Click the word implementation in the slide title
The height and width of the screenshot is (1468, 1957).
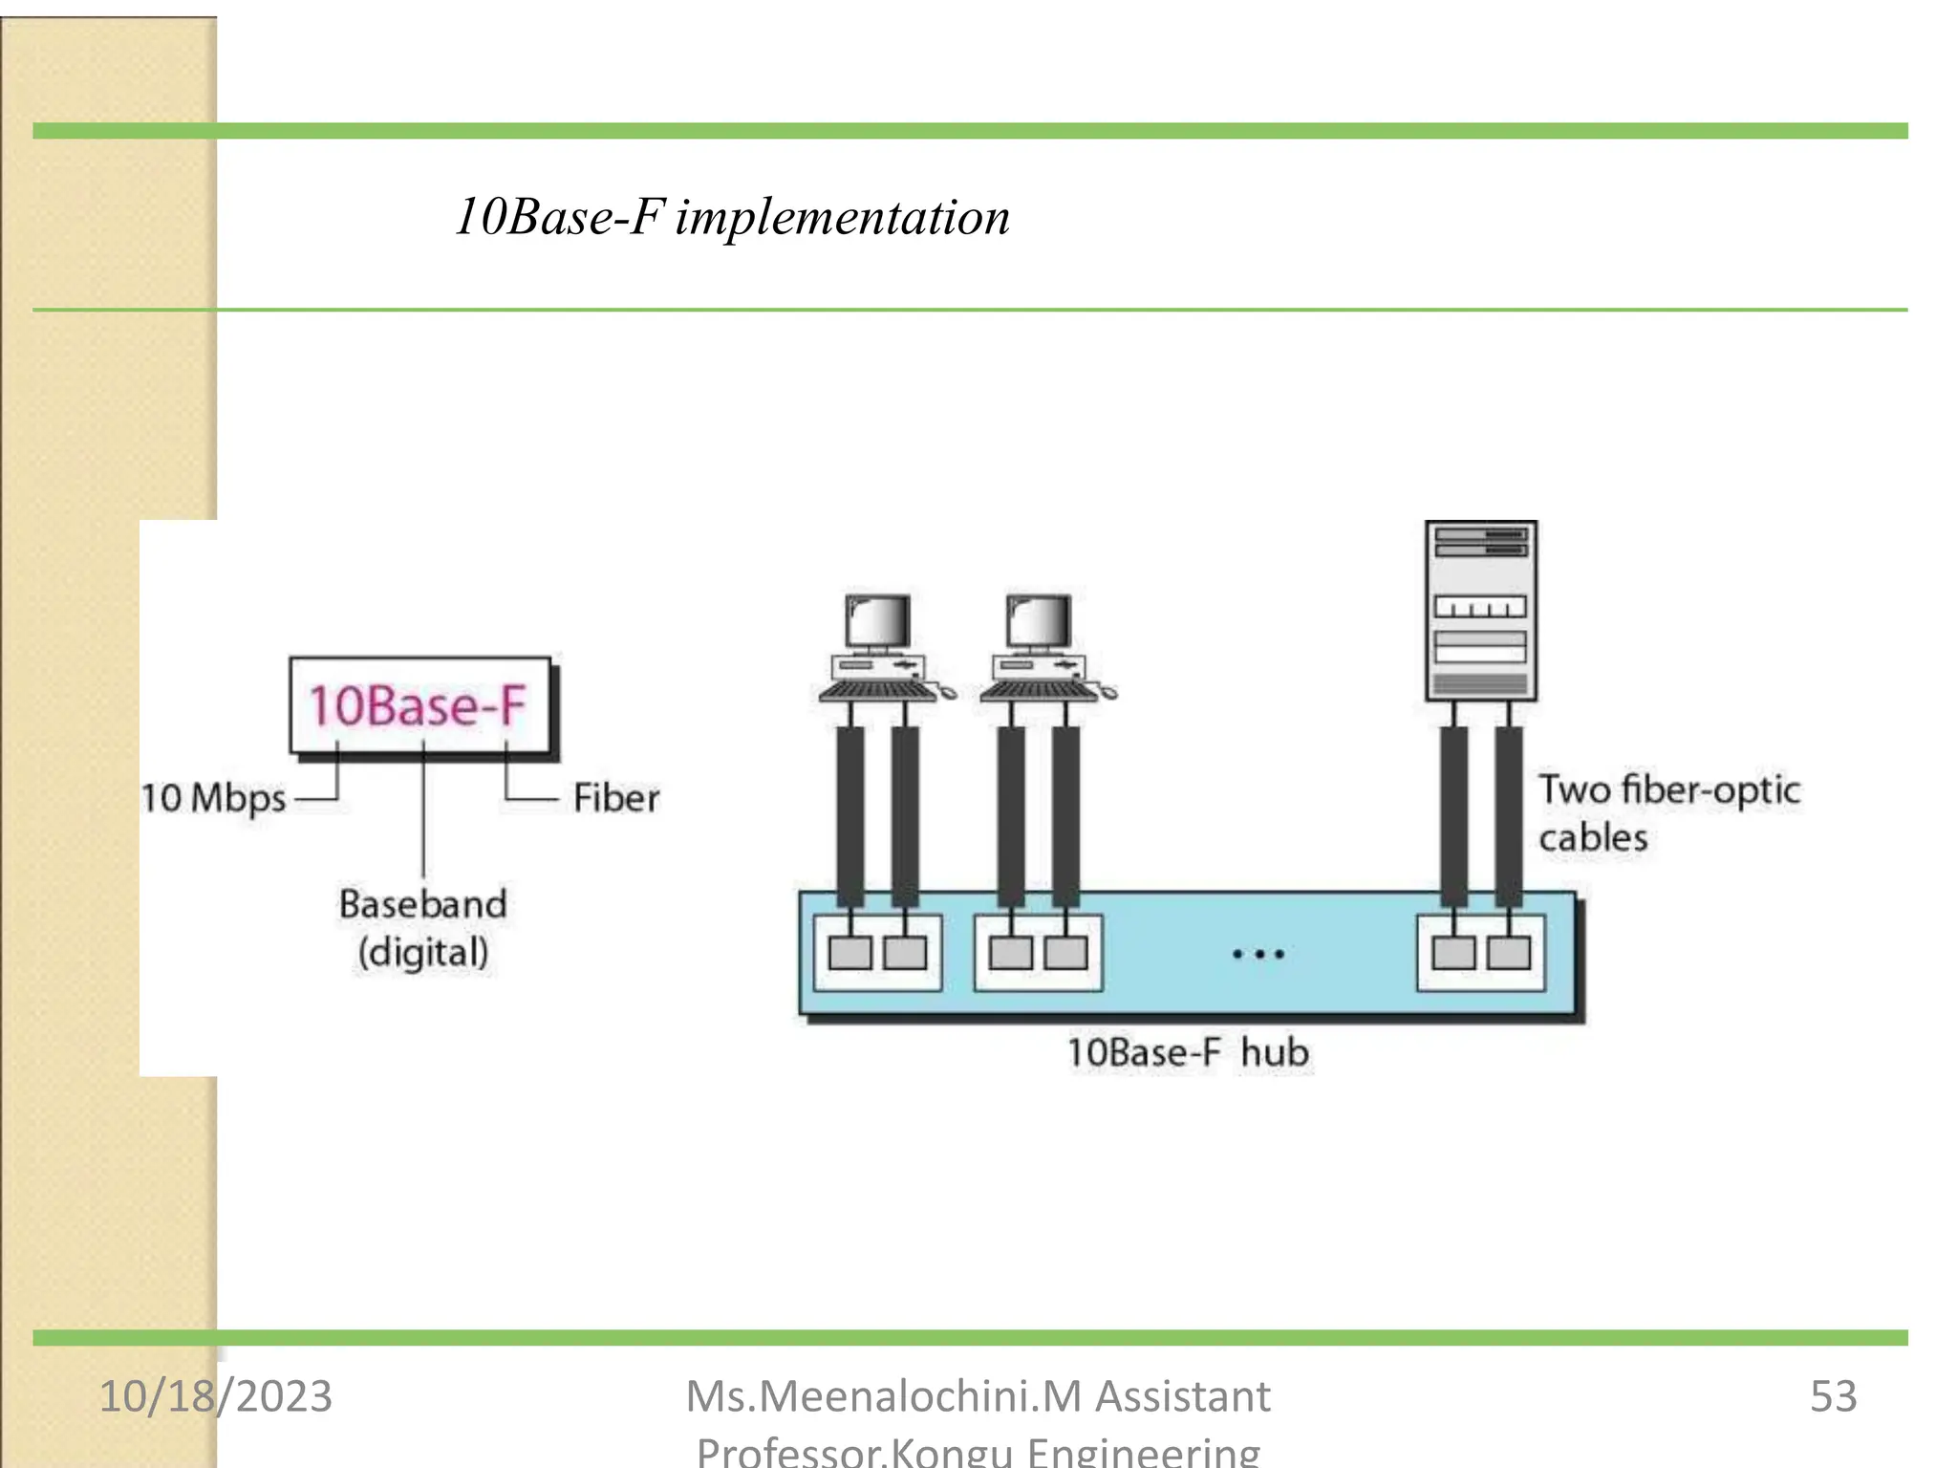842,217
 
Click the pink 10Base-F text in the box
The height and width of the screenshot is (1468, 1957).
418,706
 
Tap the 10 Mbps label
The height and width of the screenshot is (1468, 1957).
213,798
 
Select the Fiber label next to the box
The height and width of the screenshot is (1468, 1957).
616,798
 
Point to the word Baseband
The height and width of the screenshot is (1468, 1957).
422,904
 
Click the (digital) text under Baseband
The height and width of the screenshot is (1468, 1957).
422,953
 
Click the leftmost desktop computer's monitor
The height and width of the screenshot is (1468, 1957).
878,623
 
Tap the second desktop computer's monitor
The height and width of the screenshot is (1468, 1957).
1039,623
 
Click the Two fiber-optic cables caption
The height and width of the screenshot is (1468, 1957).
1667,813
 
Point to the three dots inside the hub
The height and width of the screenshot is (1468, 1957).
1258,954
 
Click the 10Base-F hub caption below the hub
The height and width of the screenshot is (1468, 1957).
1188,1053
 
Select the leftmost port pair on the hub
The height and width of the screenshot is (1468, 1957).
877,953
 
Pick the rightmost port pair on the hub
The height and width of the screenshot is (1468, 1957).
1480,953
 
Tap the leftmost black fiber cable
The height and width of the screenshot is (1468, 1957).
849,812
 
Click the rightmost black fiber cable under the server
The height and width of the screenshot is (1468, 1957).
1509,812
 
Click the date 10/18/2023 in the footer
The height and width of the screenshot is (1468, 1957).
216,1396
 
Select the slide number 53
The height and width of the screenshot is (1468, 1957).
1833,1396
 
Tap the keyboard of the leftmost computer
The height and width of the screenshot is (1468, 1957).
876,690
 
